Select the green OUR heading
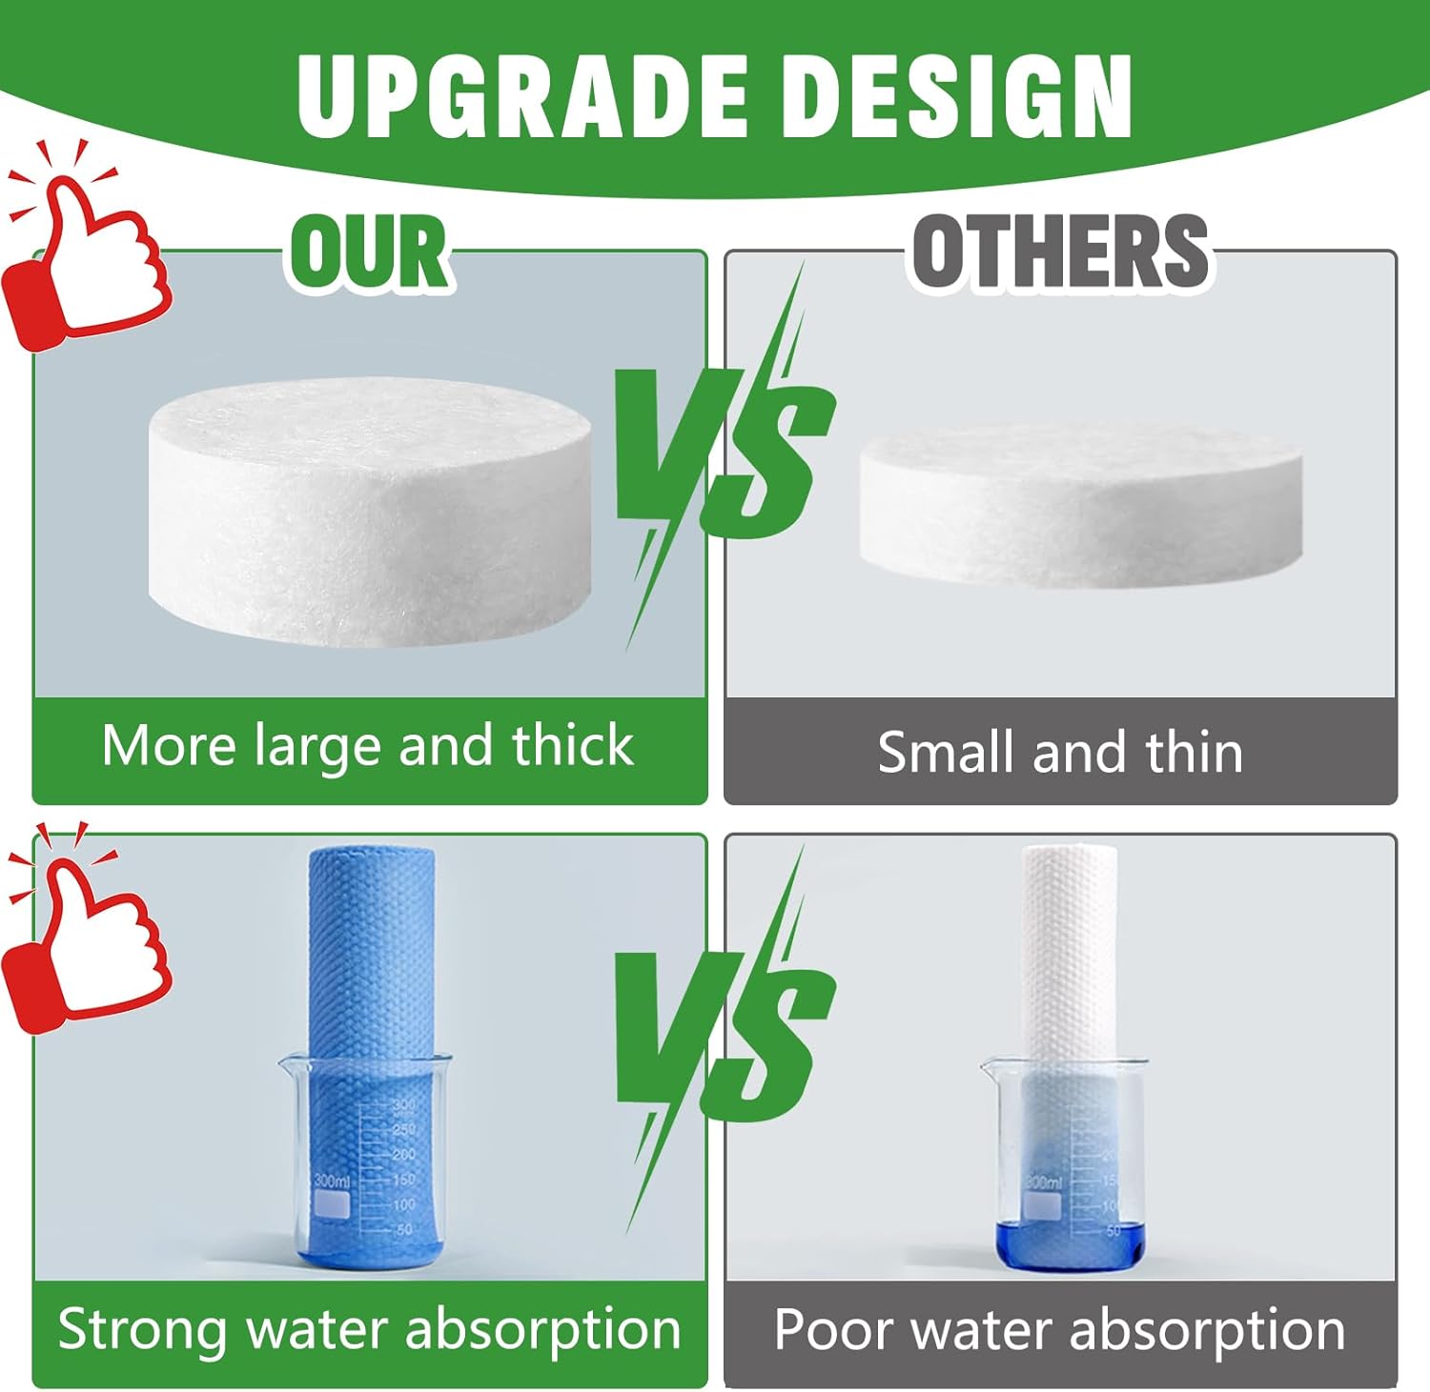tap(370, 251)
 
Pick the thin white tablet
tap(1080, 505)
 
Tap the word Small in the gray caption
tap(947, 752)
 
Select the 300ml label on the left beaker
tap(331, 1181)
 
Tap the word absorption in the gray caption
tap(1207, 1331)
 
